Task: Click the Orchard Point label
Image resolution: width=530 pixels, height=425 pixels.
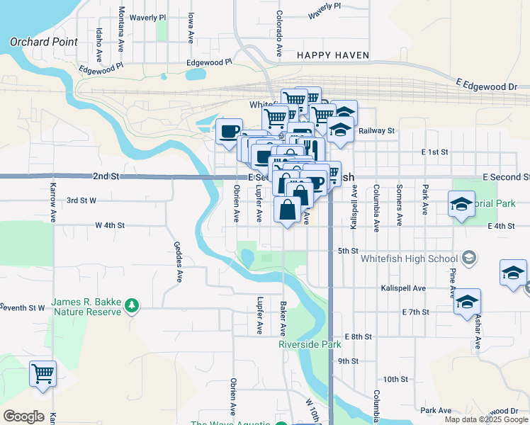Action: (x=44, y=42)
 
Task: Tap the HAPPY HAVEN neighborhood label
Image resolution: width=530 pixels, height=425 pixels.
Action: (x=329, y=55)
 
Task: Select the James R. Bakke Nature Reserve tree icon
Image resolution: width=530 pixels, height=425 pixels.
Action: (x=131, y=305)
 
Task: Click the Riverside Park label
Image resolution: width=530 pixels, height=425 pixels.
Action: (x=310, y=345)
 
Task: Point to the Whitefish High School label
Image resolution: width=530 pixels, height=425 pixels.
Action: (x=410, y=258)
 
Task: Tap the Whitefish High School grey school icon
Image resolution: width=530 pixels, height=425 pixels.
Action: (x=468, y=258)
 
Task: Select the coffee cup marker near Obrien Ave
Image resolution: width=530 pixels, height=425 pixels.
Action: (x=229, y=132)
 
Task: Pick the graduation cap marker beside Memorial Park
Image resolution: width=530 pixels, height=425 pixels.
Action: (x=461, y=205)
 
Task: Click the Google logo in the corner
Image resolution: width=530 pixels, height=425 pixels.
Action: (x=23, y=416)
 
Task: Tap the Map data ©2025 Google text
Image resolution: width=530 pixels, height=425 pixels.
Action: (x=487, y=419)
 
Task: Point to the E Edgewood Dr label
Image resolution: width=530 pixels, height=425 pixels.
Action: (x=487, y=86)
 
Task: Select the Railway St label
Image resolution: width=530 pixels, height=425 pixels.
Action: (x=376, y=131)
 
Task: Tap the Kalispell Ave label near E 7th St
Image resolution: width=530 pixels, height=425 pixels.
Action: (x=402, y=288)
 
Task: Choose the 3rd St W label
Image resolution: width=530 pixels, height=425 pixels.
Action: (x=81, y=200)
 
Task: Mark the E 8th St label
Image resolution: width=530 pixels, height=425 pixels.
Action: (x=357, y=336)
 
